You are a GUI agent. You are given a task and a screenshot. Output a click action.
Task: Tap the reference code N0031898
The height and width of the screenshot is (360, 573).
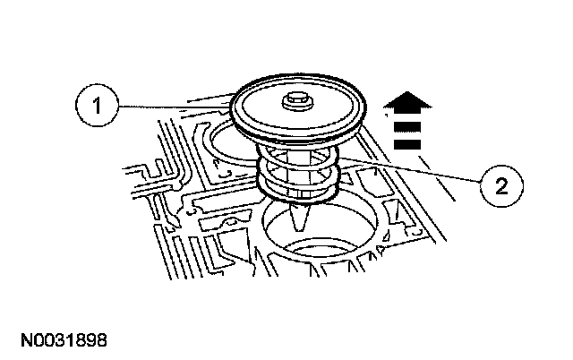[x=59, y=342]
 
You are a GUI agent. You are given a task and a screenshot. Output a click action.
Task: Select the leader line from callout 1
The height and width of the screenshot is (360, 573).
[x=170, y=108]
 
